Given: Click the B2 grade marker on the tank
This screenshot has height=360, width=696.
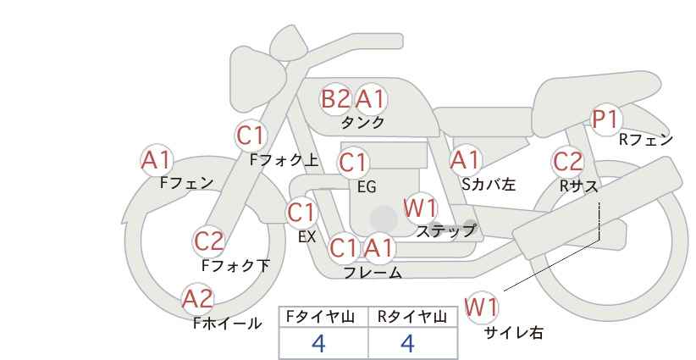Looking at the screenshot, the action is (x=335, y=98).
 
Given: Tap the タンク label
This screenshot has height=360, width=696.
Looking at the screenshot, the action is (x=362, y=122).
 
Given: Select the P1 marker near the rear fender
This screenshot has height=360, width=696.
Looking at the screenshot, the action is (x=605, y=119).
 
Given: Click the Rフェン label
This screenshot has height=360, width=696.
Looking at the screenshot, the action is (x=646, y=140).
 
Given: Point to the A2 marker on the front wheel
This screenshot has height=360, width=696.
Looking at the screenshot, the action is (x=198, y=299).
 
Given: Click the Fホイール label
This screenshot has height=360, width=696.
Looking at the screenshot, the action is (x=228, y=324).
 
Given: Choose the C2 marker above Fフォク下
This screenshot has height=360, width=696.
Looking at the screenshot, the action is (x=209, y=241).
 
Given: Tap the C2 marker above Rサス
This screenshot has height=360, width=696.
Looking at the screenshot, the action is (x=567, y=162).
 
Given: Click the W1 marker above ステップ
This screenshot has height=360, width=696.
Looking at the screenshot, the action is (x=420, y=208).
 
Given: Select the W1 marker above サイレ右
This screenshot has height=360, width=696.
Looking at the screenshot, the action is (x=481, y=307).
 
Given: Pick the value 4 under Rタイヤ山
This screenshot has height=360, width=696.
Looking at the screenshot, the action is (x=407, y=343).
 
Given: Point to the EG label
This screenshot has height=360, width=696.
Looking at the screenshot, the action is (x=367, y=187).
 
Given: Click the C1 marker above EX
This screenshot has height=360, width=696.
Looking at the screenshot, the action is (x=301, y=213).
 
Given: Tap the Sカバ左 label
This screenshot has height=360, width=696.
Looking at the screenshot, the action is (x=489, y=184).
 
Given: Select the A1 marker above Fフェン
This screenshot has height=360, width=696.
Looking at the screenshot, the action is (x=157, y=161).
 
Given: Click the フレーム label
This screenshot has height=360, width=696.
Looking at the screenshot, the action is (x=373, y=273).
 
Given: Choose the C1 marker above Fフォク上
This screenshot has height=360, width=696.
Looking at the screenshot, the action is (x=251, y=136).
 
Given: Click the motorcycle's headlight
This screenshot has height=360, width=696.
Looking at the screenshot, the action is (x=257, y=80).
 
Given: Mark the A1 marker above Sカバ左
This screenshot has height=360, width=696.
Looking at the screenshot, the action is (x=465, y=161).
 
